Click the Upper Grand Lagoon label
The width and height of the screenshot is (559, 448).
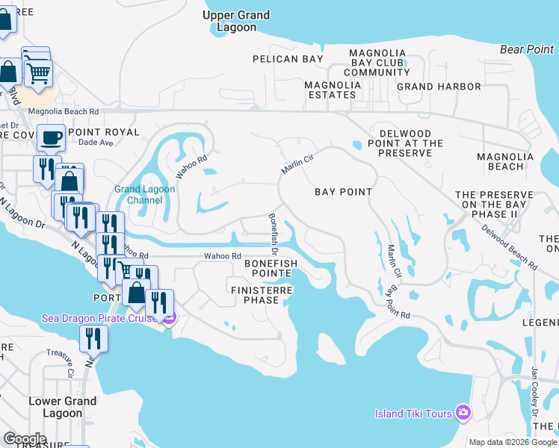point(237,21)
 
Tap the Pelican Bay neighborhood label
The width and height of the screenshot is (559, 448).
point(288,59)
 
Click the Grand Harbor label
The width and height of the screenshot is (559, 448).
point(439,87)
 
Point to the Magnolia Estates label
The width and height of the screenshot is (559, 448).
point(333,90)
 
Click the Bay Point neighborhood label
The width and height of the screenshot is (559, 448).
point(343,192)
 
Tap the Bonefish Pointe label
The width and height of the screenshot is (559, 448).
point(271,269)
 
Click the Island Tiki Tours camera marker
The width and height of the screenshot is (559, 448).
point(463,412)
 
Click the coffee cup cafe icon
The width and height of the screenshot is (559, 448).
point(51,137)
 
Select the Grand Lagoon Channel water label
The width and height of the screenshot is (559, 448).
point(144,195)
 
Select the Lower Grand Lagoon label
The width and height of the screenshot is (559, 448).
point(63,407)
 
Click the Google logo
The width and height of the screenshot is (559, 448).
point(25,439)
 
